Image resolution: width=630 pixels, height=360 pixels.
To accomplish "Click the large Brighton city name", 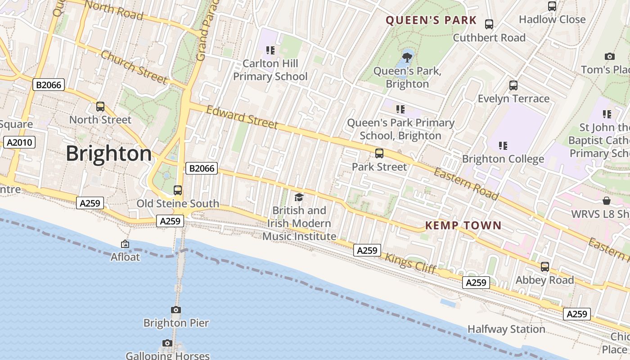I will coord(109,154).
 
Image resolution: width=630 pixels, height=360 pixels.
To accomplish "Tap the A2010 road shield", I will coord(19,143).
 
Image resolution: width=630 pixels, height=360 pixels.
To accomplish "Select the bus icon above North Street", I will coord(100,107).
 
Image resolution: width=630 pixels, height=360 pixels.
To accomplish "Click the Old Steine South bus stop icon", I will coord(178,190).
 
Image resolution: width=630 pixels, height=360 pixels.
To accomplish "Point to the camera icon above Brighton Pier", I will coord(176,310).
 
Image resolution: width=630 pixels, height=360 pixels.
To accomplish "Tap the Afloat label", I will coord(125,257).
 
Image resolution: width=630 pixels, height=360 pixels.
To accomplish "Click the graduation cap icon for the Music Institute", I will coord(299,197).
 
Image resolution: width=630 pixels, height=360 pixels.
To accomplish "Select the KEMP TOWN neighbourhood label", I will coord(463,225).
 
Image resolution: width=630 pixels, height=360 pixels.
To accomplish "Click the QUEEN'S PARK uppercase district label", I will coord(431,20).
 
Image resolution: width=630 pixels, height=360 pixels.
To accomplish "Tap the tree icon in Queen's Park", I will coord(407,57).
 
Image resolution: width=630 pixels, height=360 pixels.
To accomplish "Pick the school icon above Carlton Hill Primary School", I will coord(270,50).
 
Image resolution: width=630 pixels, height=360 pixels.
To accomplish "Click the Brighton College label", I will coord(503,159).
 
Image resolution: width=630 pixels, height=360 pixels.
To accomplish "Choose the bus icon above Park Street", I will coord(379,153).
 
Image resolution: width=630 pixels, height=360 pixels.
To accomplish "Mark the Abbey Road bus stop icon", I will coord(545,267).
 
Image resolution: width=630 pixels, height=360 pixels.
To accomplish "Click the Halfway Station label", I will coord(506,329).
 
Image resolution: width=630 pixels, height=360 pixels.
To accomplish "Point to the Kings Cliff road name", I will coord(410,263).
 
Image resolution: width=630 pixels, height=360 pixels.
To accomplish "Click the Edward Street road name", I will coord(242,117).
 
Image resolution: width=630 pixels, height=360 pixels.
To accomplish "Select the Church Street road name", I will coord(134,67).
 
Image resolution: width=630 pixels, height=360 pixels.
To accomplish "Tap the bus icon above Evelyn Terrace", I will coord(513,85).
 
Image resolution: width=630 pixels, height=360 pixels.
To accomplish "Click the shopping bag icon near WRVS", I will coord(607,201).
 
